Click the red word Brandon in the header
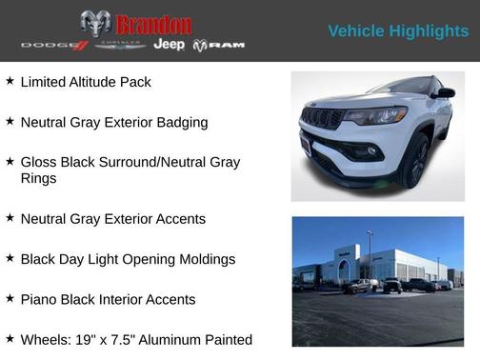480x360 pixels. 153,24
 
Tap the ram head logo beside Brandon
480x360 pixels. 96,24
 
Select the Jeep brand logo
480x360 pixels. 169,45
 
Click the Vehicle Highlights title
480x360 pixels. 398,31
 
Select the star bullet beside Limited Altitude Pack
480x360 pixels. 10,82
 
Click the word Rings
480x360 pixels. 38,178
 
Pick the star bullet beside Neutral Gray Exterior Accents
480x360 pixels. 10,218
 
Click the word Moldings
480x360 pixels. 205,259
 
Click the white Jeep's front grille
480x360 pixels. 322,119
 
